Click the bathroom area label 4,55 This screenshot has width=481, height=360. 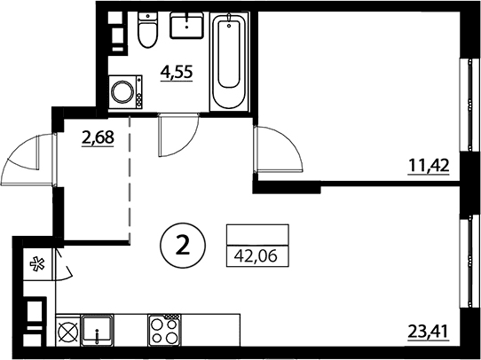[177, 73]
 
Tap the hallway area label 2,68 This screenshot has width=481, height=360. [98, 137]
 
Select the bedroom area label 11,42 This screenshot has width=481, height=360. [429, 166]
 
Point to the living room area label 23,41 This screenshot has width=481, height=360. [429, 332]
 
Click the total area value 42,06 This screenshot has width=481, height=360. [256, 255]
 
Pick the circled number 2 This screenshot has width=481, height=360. [183, 246]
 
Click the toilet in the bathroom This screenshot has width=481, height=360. [148, 30]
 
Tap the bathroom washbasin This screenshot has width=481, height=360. [187, 25]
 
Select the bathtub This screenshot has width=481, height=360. [230, 61]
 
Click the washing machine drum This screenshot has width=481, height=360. [122, 91]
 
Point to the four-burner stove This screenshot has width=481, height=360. [163, 330]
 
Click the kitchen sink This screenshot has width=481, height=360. [97, 330]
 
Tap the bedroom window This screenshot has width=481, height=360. [469, 105]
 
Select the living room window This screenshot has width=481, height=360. [469, 261]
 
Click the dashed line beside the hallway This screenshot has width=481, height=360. [130, 179]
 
